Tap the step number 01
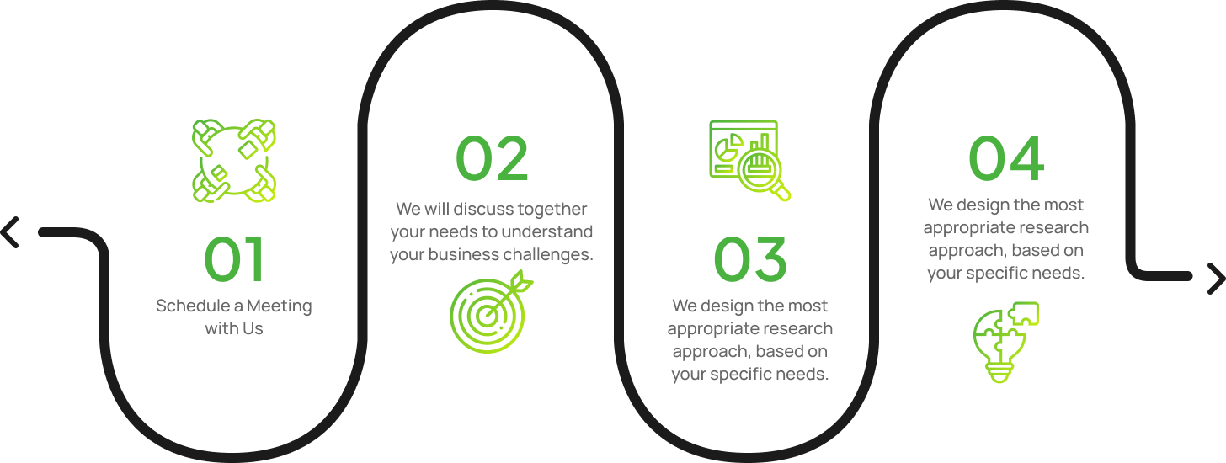point(234,259)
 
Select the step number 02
point(492,159)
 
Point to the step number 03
point(750,259)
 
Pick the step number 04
point(1006,159)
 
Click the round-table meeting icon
point(234,160)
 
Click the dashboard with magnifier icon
point(749,160)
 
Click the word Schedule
point(193,306)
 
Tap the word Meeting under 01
point(280,306)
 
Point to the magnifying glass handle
point(781,192)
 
